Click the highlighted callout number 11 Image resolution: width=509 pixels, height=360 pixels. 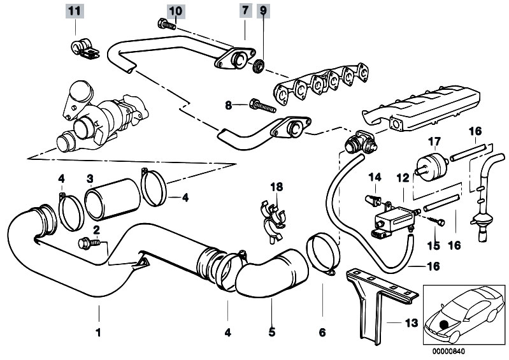(x=75, y=11)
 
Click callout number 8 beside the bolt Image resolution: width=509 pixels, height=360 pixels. (x=229, y=104)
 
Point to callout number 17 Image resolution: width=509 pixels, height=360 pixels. (x=433, y=141)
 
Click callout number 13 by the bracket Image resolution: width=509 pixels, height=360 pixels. (x=412, y=323)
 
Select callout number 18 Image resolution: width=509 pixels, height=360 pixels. (x=275, y=186)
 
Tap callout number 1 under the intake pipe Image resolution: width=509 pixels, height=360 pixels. (x=98, y=331)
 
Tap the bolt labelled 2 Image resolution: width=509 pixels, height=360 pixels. (x=88, y=242)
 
